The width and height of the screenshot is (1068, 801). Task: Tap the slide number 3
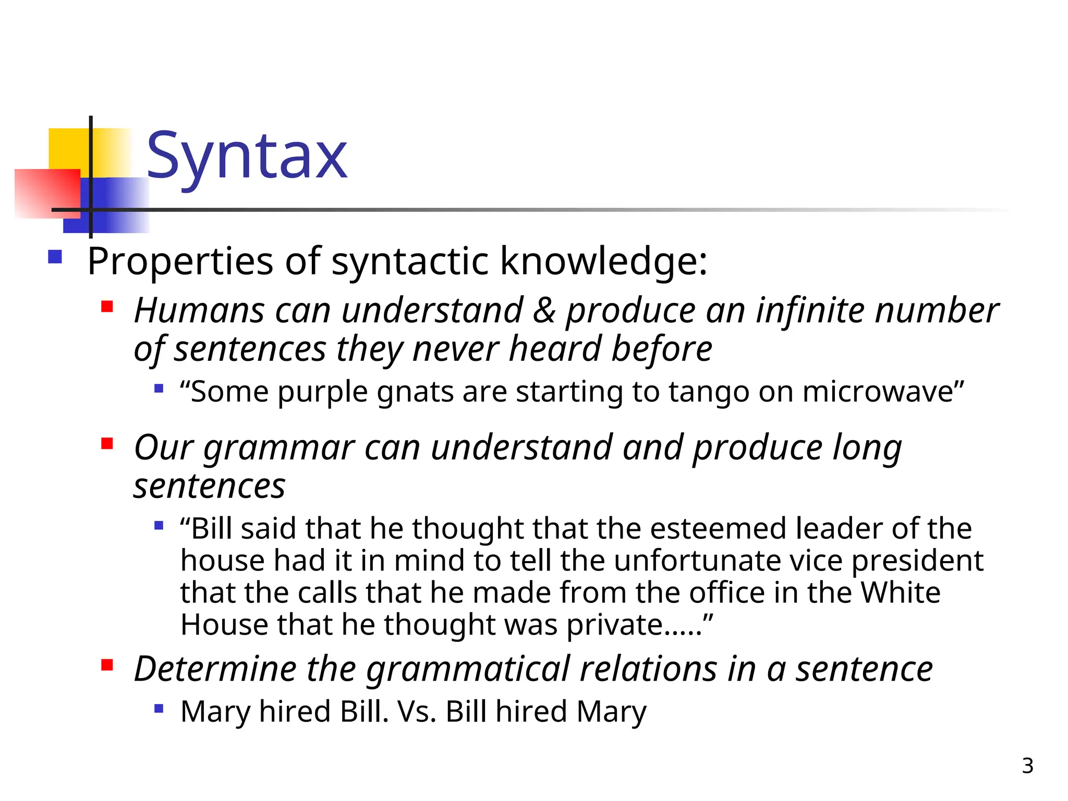point(1027,766)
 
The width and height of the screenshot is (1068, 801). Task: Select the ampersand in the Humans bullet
point(544,311)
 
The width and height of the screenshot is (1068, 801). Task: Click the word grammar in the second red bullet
point(278,448)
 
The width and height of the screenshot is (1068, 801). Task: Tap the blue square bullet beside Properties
point(55,257)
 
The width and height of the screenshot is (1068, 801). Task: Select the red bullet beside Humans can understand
point(107,306)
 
